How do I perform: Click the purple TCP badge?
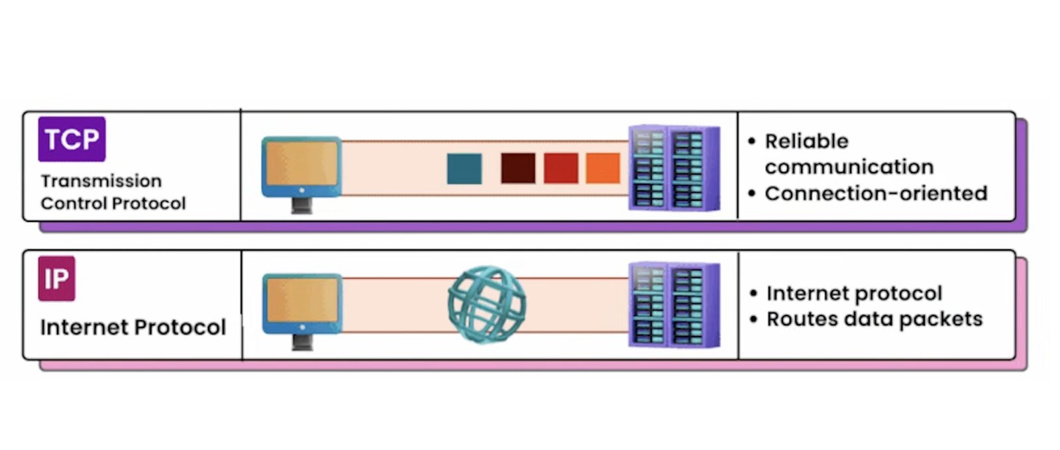72,139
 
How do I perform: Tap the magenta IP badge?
56,279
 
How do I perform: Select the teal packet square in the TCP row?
464,168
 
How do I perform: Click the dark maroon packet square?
518,168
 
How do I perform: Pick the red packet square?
560,168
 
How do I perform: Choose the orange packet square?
603,168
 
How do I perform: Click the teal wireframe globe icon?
487,305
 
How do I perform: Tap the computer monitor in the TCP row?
301,169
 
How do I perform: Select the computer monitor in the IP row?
302,306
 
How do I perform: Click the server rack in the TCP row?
674,168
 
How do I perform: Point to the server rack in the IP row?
674,305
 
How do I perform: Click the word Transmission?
101,181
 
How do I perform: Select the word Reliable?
806,141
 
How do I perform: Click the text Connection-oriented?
876,194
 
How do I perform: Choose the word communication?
849,167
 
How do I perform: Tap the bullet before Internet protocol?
753,293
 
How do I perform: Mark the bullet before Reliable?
751,141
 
